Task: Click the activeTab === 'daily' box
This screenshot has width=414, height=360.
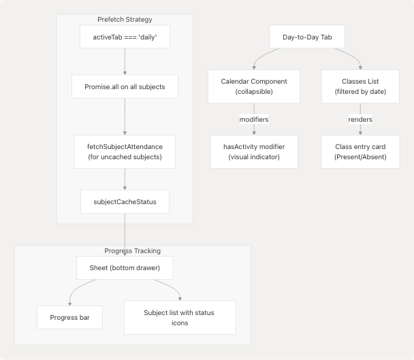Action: (125, 37)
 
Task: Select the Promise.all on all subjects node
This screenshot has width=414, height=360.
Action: (125, 86)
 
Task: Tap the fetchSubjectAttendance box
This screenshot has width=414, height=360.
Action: (125, 151)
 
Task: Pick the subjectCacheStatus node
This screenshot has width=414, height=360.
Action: (125, 202)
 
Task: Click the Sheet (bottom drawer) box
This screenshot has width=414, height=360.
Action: (125, 267)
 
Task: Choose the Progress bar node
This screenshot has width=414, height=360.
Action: (69, 318)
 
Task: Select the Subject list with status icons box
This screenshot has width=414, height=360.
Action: (180, 318)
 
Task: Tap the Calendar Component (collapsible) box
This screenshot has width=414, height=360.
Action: (254, 86)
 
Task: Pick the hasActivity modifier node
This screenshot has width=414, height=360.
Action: (254, 151)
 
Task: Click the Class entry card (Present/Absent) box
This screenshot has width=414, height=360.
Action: (360, 151)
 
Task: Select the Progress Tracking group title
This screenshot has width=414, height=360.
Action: (132, 251)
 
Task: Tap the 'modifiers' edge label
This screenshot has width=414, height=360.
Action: (254, 119)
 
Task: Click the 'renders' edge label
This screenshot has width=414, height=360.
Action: (360, 119)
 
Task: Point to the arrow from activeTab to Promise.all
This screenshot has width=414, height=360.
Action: (125, 61)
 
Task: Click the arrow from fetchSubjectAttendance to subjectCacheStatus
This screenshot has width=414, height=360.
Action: (125, 178)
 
